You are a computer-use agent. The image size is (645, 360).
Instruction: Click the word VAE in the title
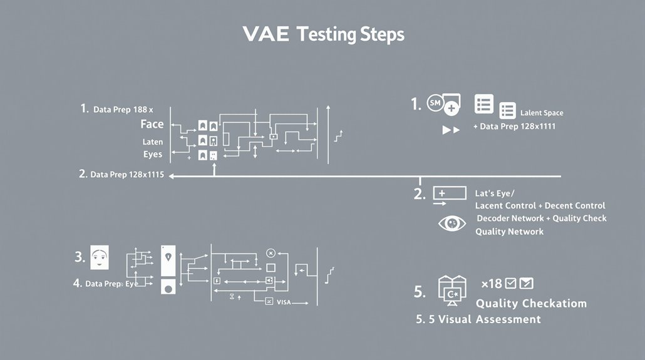click(x=266, y=34)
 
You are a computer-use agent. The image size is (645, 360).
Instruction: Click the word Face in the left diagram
click(x=152, y=125)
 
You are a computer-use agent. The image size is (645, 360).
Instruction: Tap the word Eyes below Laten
click(x=153, y=154)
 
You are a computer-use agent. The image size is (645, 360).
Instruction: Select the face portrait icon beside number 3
click(x=100, y=257)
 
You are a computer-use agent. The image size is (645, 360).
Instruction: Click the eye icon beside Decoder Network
click(x=452, y=224)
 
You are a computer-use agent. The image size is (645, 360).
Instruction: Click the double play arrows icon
click(x=451, y=130)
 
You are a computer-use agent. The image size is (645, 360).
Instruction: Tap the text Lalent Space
click(x=542, y=113)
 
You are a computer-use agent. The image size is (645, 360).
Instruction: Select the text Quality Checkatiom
click(x=531, y=304)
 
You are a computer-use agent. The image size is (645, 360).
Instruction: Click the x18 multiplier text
click(x=491, y=284)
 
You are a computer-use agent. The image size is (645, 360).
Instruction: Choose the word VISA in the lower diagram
click(x=284, y=302)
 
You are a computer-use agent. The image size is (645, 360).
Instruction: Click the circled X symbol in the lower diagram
click(x=271, y=253)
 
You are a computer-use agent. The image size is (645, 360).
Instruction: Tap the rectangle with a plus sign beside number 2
click(x=449, y=193)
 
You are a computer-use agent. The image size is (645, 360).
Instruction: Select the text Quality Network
click(x=509, y=232)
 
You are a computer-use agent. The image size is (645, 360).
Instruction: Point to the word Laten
click(x=152, y=142)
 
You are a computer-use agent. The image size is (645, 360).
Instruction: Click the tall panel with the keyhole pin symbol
click(x=167, y=260)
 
